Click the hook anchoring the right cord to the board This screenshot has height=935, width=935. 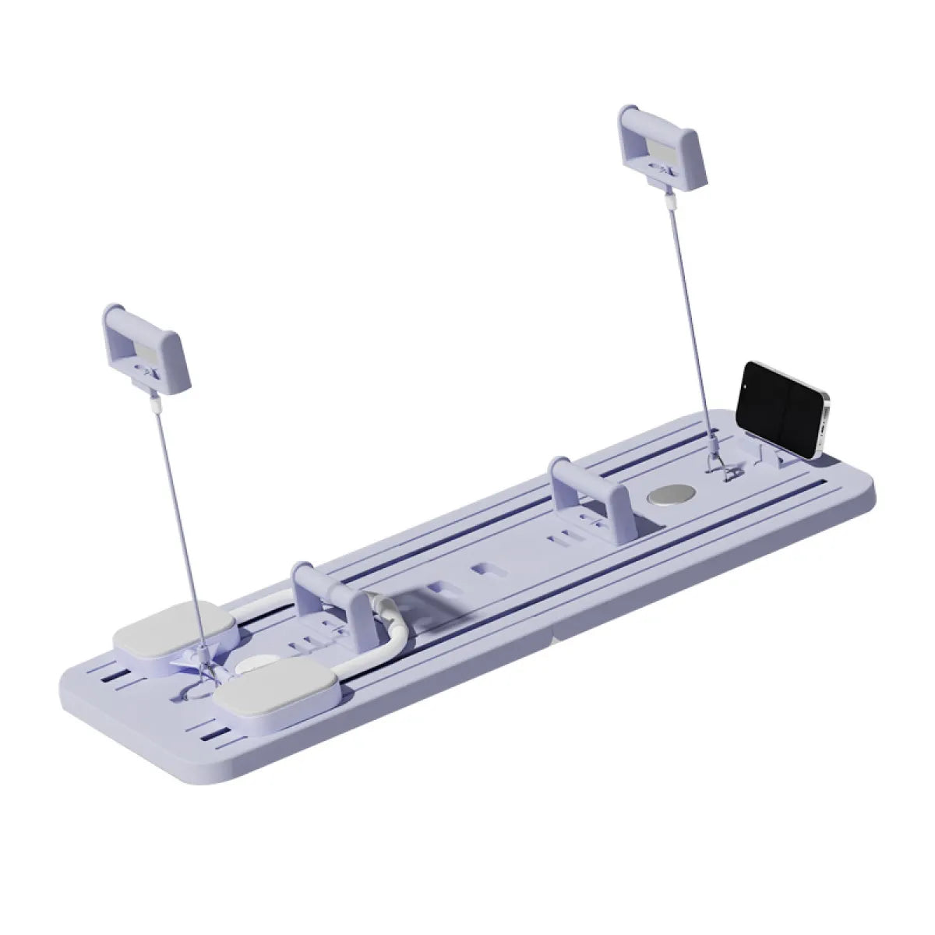point(721,472)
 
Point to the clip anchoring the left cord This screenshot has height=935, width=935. point(204,654)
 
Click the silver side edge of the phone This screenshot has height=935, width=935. point(823,425)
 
